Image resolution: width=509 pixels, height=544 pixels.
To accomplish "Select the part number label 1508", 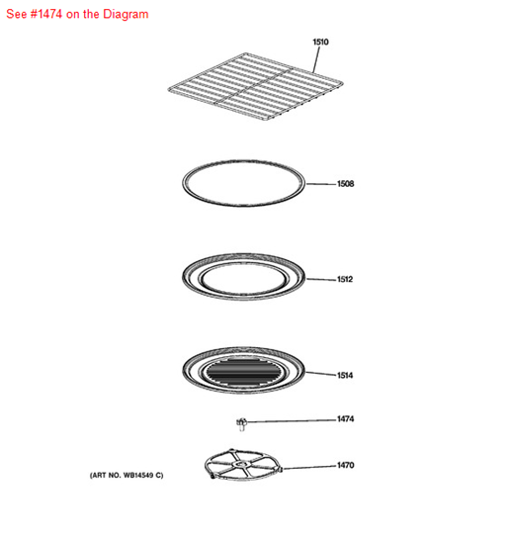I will pyautogui.click(x=345, y=184).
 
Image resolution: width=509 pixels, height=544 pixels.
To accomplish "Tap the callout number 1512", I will pyautogui.click(x=345, y=279).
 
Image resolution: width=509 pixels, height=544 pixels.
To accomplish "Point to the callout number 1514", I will pyautogui.click(x=345, y=376).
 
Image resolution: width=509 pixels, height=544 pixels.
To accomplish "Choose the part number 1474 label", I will pyautogui.click(x=345, y=419).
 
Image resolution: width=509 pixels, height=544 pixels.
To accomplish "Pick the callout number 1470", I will pyautogui.click(x=345, y=465).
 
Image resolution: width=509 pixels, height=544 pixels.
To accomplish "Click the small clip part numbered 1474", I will pyautogui.click(x=239, y=423).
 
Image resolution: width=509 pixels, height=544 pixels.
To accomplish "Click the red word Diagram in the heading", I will pyautogui.click(x=124, y=14).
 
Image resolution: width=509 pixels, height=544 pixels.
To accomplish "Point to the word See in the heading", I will pyautogui.click(x=15, y=14).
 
